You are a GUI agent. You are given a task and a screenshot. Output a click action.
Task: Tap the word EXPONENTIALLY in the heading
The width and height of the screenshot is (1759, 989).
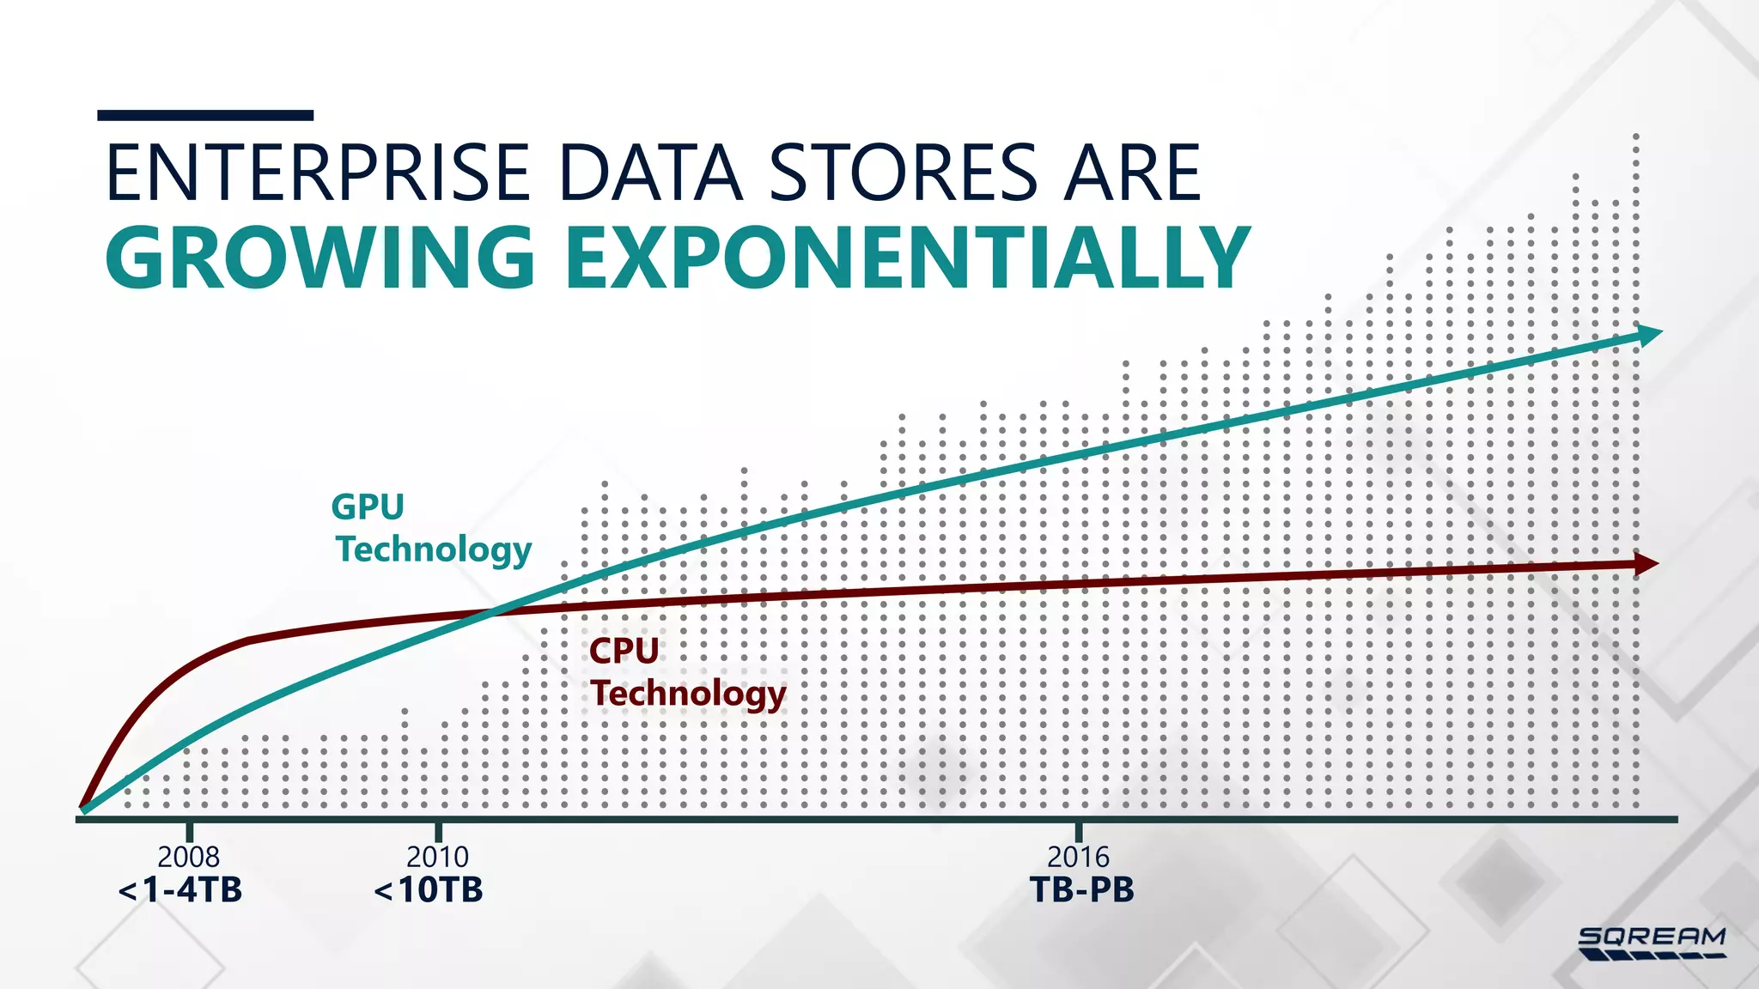[907, 257]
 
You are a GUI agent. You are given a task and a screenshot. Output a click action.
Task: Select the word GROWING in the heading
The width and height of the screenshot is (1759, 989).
[320, 257]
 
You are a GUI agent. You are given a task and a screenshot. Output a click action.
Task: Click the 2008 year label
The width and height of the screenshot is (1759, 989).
[188, 857]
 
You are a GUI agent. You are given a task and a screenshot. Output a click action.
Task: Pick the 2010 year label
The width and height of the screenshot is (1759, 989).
[437, 857]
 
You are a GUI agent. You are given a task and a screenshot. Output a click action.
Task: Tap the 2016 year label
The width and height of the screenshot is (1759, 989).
[1078, 857]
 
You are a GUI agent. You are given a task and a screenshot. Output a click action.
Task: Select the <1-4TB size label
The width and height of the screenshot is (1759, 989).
[180, 889]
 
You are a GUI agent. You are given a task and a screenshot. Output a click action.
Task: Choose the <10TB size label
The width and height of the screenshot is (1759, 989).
[429, 889]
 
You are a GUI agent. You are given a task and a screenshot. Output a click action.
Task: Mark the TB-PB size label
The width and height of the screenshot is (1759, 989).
[1081, 889]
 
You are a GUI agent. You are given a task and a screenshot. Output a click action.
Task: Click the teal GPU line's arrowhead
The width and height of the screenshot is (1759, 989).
[1649, 334]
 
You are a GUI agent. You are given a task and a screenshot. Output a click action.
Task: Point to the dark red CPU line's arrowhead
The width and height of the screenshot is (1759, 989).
[1646, 563]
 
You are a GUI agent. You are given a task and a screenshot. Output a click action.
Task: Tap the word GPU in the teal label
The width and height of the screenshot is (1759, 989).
[368, 507]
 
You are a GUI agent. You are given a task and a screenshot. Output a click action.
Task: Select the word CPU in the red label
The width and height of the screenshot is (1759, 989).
[624, 651]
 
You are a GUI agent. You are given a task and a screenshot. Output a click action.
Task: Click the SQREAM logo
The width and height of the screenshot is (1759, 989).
[1652, 943]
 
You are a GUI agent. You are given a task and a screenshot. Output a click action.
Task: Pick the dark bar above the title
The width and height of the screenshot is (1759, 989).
[205, 115]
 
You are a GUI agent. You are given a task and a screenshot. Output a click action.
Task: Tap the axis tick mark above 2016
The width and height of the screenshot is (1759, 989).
[1079, 831]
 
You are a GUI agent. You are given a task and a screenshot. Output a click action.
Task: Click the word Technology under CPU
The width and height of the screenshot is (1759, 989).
[688, 694]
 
